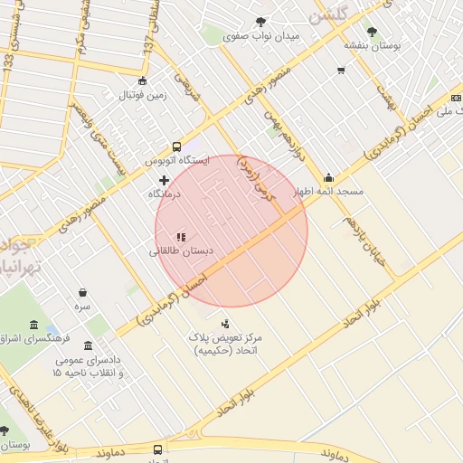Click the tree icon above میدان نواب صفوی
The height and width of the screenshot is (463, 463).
pyautogui.click(x=261, y=22)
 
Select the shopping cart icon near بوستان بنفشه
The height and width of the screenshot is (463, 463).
pyautogui.click(x=341, y=70)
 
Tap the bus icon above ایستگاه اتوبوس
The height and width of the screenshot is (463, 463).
pyautogui.click(x=176, y=146)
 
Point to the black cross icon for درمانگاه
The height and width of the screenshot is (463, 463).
pyautogui.click(x=164, y=180)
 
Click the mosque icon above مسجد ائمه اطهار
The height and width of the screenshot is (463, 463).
pyautogui.click(x=327, y=177)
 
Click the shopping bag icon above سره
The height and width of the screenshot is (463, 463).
pyautogui.click(x=83, y=292)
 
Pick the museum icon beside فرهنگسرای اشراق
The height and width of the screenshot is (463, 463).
pyautogui.click(x=33, y=325)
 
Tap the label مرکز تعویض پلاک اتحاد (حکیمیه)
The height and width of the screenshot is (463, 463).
pyautogui.click(x=224, y=343)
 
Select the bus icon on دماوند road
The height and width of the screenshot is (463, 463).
pyautogui.click(x=158, y=449)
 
